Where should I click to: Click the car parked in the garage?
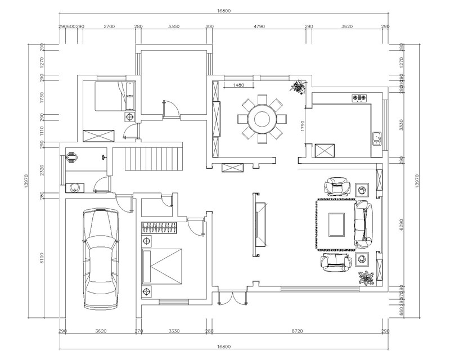click(101, 259)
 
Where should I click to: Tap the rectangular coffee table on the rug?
click(336, 224)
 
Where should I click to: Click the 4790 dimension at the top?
click(259, 26)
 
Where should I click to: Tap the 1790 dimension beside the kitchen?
click(303, 126)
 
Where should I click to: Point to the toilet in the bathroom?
click(71, 157)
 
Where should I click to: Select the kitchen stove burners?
click(358, 98)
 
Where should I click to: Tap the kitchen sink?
click(376, 137)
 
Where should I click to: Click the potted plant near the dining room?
click(298, 86)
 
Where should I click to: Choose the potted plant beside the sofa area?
click(366, 278)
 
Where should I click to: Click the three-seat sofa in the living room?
click(363, 224)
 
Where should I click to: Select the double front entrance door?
click(231, 298)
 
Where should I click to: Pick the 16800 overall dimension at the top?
click(224, 11)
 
